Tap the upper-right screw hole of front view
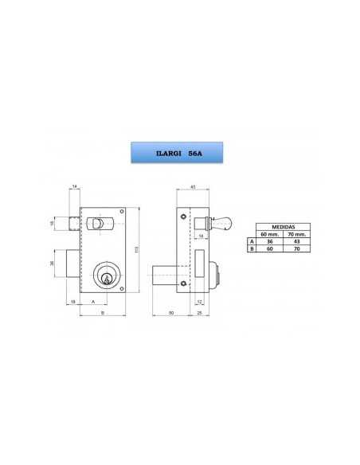(x=121, y=212)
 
